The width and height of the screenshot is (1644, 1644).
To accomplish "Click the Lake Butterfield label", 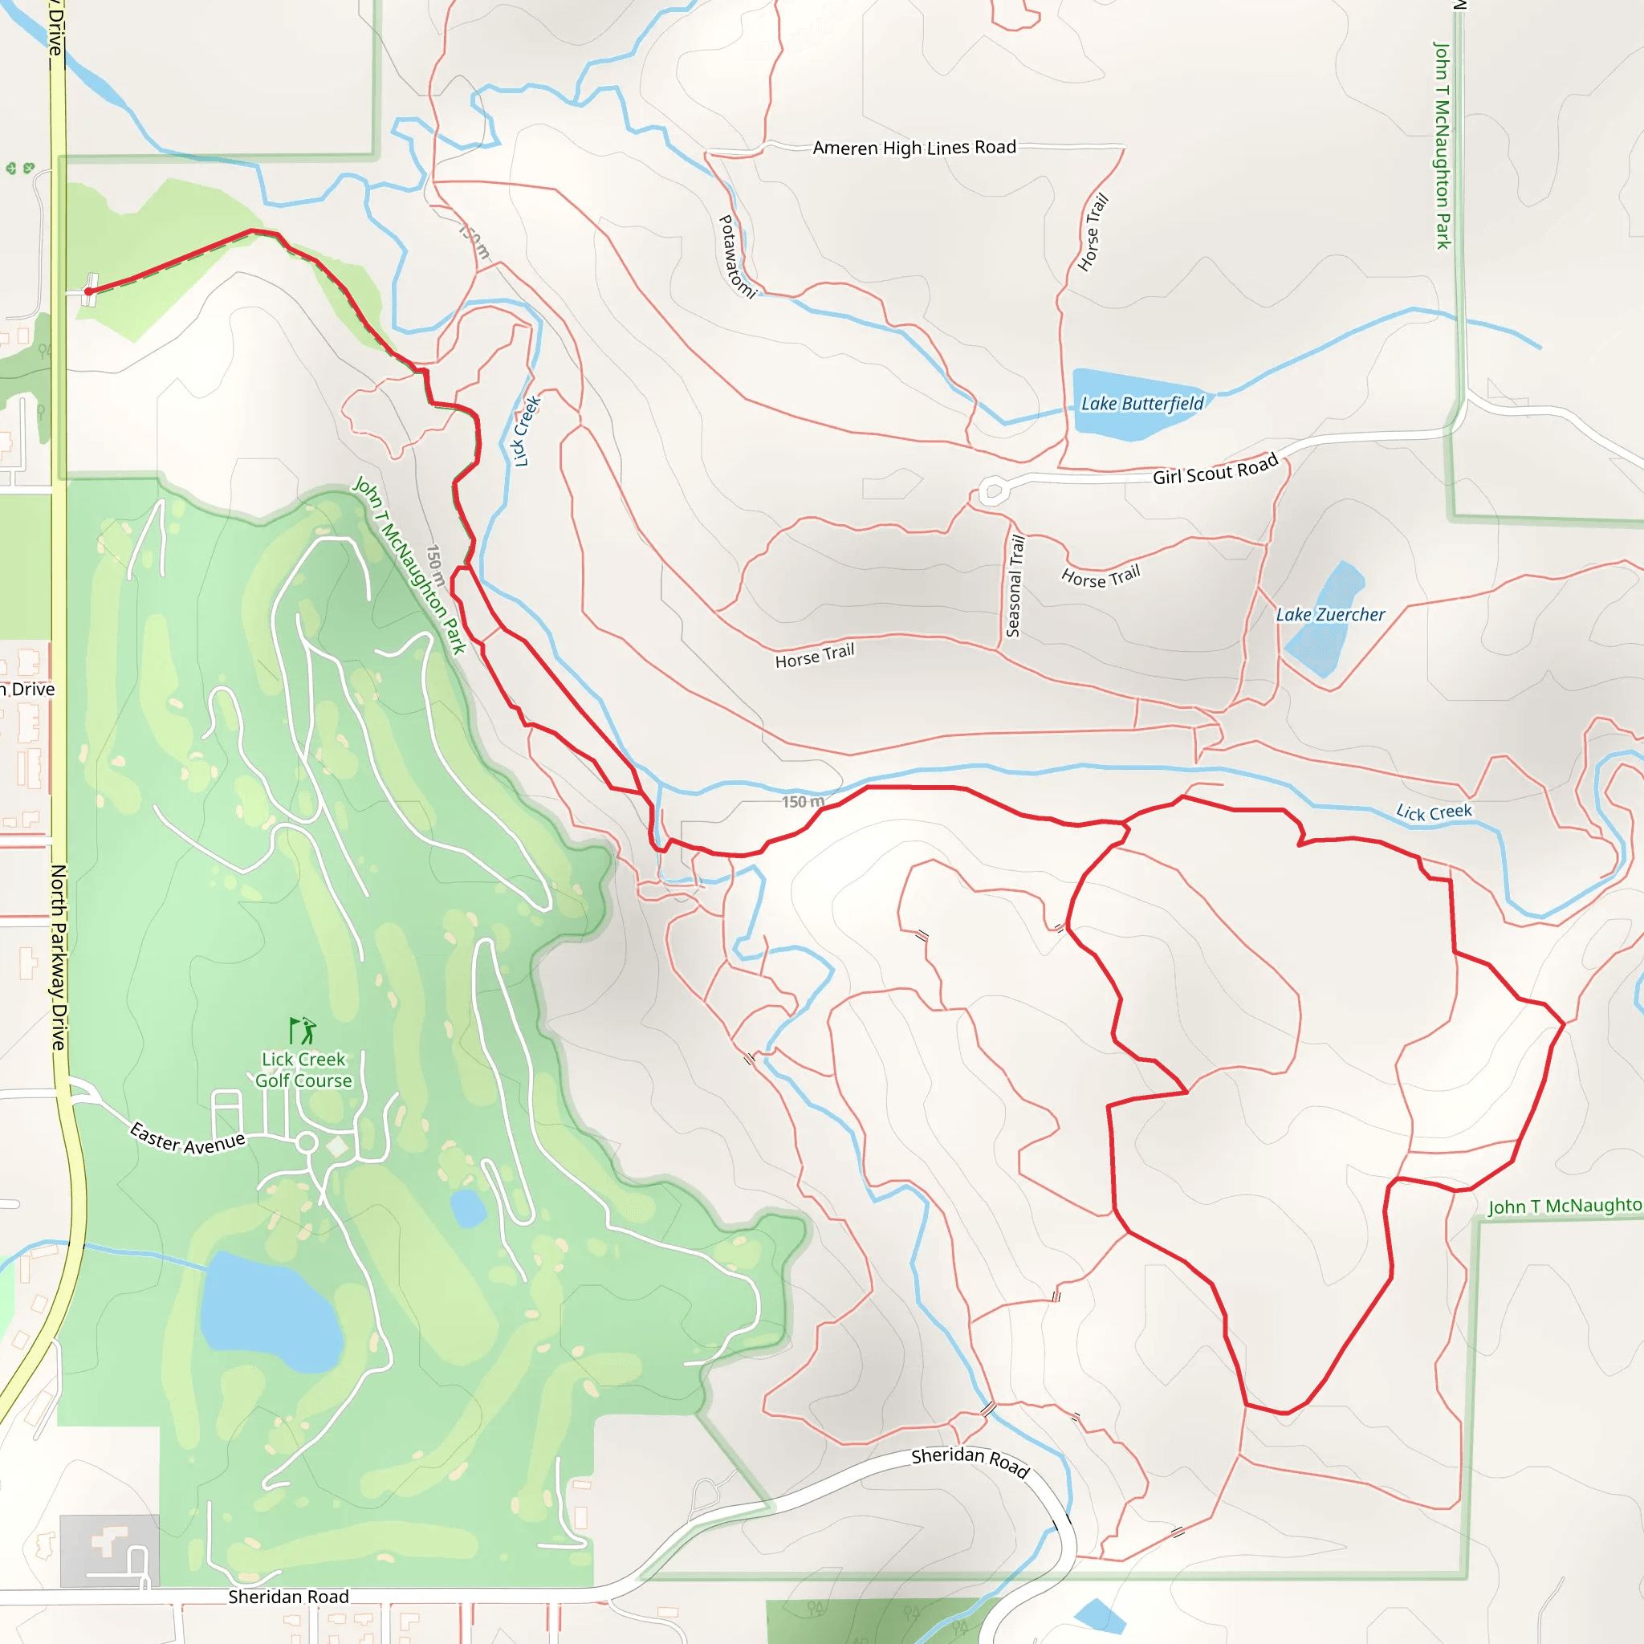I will pos(1142,403).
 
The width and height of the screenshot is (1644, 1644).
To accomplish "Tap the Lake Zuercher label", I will pos(1330,614).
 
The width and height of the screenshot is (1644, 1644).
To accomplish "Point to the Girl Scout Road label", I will pos(1215,469).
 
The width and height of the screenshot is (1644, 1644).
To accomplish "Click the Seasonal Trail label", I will pos(1015,585).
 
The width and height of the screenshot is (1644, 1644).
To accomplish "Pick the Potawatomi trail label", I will pos(737,256).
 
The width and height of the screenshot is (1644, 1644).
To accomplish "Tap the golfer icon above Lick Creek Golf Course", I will pos(302,1031).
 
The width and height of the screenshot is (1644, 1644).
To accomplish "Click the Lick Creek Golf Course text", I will pos(303,1069).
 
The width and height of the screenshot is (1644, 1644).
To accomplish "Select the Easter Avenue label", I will pos(187,1138).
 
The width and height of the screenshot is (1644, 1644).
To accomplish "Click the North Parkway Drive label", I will pos(58,958).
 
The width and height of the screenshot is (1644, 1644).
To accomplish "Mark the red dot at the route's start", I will pos(88,291).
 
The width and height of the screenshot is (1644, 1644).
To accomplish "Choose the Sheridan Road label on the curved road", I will pos(970,1461).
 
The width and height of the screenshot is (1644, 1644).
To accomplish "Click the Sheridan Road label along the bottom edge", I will pos(288,1597).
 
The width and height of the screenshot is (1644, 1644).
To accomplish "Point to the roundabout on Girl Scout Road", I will pos(993,491).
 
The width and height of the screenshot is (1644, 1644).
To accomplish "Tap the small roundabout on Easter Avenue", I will pos(307,1143).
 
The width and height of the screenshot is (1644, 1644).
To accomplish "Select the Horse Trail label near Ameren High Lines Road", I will pos(1093,232).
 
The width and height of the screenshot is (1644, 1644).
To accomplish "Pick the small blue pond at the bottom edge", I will pos(1100,1615).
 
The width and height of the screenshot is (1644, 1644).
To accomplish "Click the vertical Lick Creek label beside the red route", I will pos(526,430).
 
